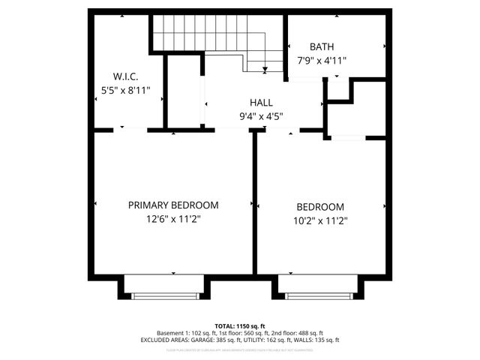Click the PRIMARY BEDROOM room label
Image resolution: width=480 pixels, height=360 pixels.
point(173,205)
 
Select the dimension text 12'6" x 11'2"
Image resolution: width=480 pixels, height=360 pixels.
point(173,220)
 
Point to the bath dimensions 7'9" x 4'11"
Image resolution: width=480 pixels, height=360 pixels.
point(321,61)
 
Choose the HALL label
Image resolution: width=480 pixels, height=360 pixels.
point(261,103)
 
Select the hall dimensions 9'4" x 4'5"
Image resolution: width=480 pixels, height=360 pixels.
point(261,116)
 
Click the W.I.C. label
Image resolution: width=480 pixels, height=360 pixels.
point(125,76)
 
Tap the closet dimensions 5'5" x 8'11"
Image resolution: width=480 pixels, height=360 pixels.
point(125,90)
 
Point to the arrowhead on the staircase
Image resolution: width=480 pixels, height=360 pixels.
point(265,70)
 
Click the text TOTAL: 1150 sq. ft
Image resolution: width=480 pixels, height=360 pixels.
point(239,325)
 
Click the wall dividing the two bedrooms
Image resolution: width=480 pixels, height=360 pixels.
point(255,202)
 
